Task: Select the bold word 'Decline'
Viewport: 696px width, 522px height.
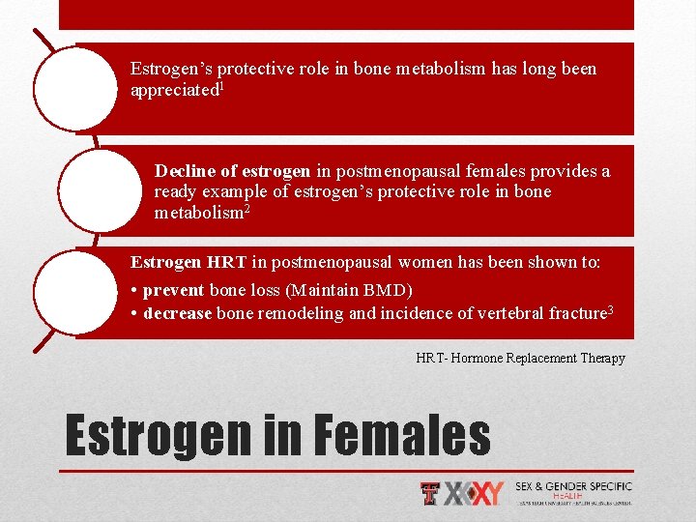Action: click(x=185, y=171)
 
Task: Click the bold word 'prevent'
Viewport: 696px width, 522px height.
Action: click(x=173, y=290)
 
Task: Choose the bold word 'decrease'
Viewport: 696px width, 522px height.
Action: click(x=178, y=312)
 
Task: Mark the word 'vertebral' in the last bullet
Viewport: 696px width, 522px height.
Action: click(x=498, y=312)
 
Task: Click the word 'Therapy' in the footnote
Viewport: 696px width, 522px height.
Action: click(x=602, y=358)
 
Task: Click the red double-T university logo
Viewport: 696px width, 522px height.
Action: click(x=430, y=494)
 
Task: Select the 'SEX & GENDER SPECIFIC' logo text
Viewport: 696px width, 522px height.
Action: click(x=573, y=486)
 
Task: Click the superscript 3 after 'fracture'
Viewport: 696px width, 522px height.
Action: click(x=610, y=308)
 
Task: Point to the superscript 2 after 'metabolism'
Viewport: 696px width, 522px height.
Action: click(x=246, y=208)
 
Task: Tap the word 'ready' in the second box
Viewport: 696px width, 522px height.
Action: click(x=176, y=191)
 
